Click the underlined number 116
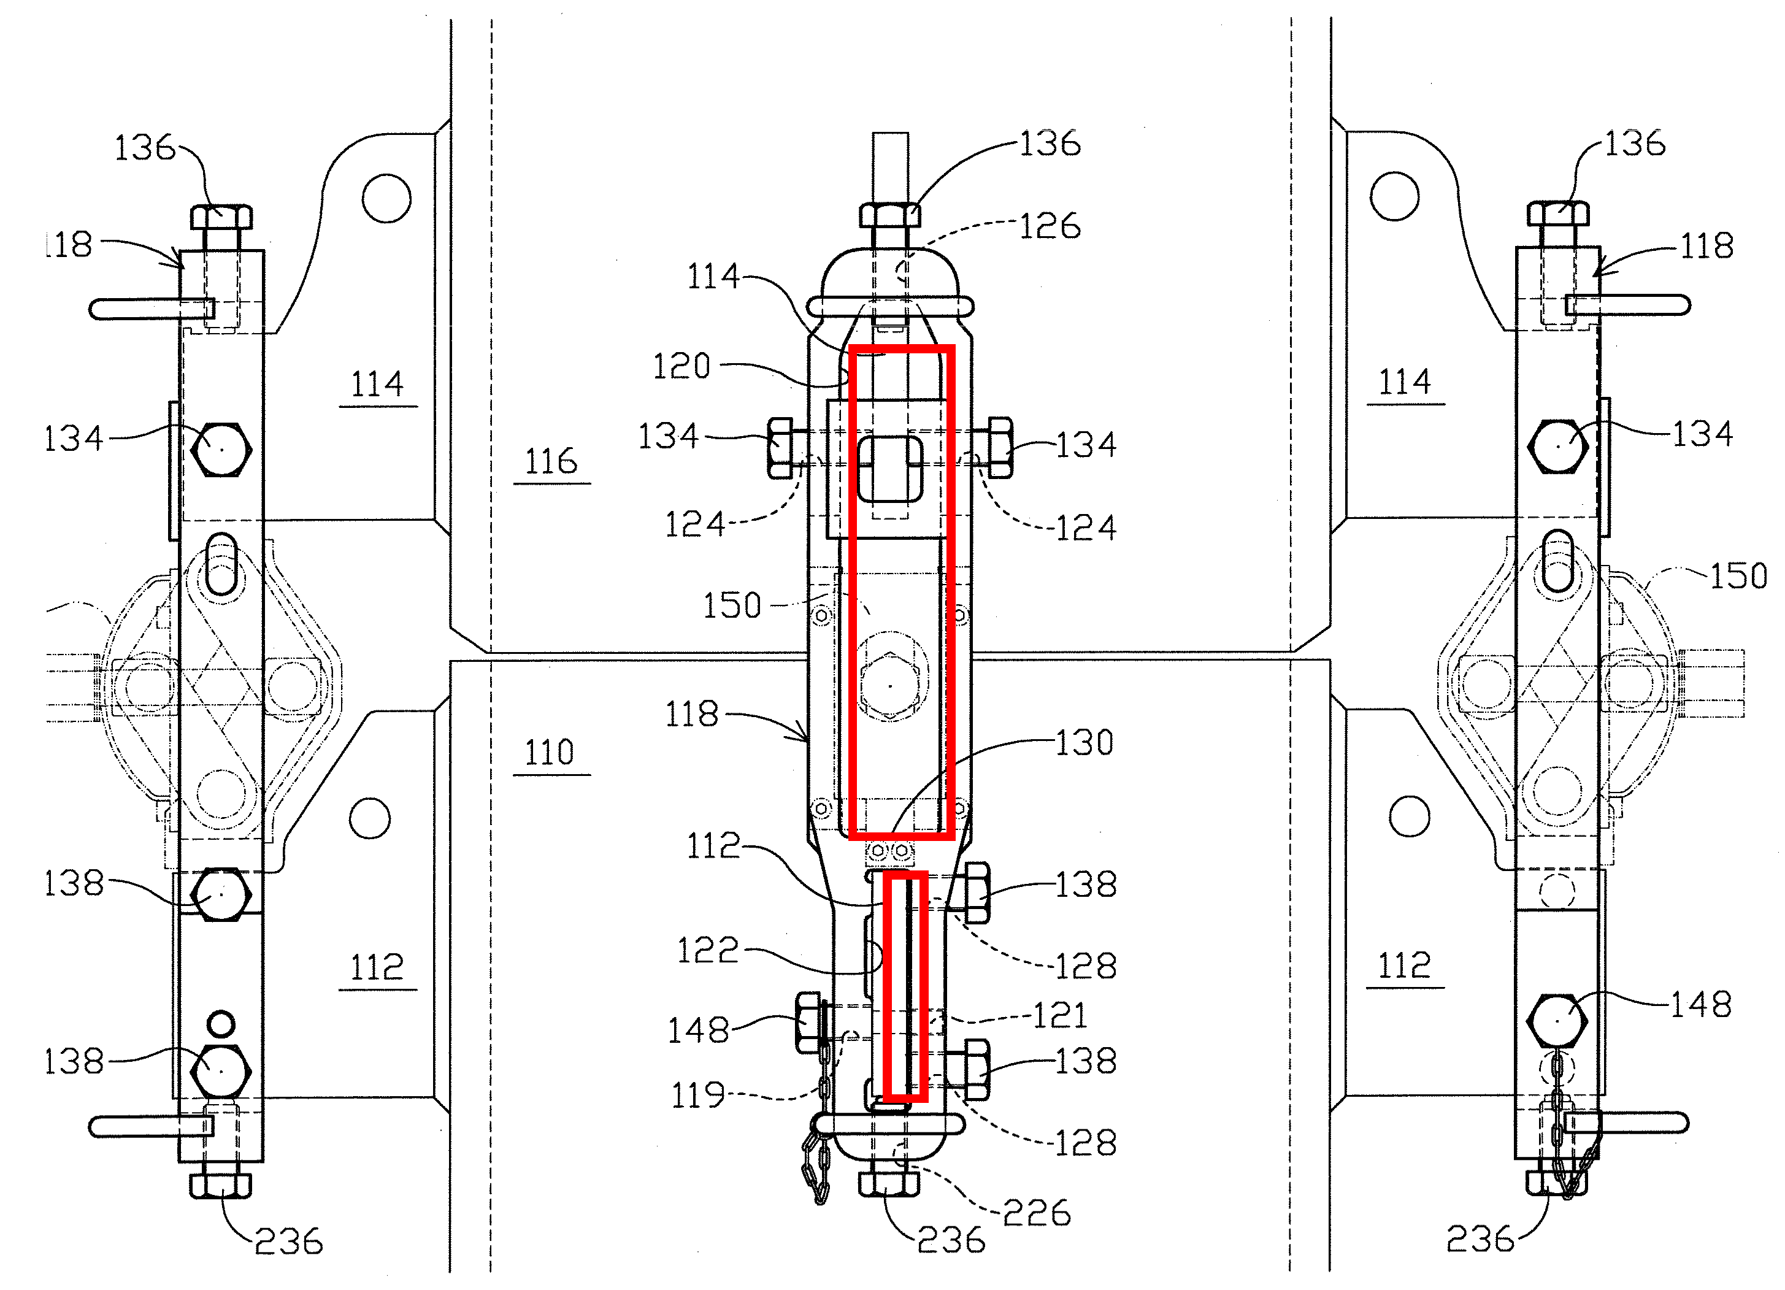point(551,461)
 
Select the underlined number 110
point(550,753)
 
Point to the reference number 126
point(1050,227)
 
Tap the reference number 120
point(681,367)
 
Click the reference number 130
point(1084,743)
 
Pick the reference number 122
point(707,950)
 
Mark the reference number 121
point(1059,1015)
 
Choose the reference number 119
point(697,1096)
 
